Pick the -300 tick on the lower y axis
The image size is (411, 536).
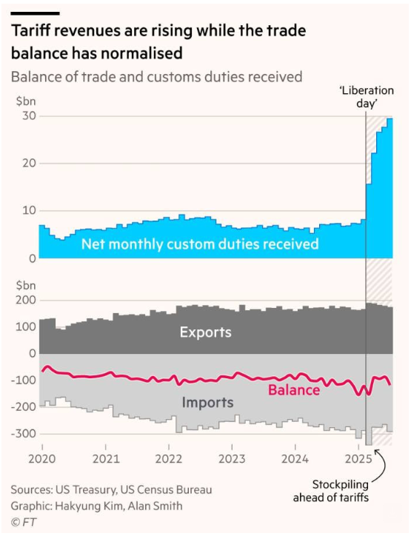point(24,433)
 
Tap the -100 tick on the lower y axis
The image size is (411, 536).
point(24,380)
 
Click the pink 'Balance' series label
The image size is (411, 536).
point(294,389)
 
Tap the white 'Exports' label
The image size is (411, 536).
point(205,332)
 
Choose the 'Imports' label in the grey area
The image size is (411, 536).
point(207,403)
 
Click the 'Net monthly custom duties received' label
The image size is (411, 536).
point(200,244)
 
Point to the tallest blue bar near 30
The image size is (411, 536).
point(390,189)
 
